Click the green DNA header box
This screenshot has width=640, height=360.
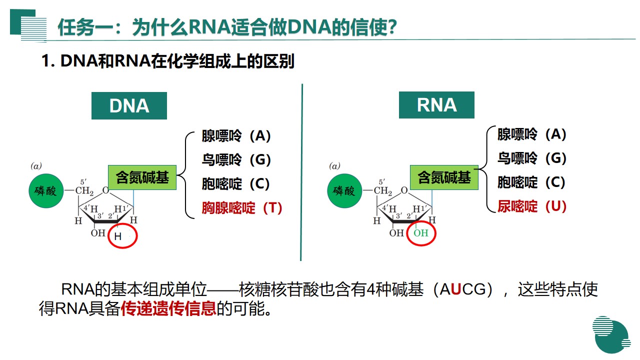tap(129, 105)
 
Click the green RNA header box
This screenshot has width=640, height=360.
tap(436, 104)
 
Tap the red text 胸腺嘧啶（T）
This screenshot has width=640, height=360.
tap(242, 208)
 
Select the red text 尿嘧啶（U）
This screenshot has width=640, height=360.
tap(531, 206)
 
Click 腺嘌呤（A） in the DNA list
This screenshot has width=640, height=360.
tap(236, 136)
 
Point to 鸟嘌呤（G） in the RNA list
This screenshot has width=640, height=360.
tap(531, 158)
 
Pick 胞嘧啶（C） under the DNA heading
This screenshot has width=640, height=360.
tap(236, 184)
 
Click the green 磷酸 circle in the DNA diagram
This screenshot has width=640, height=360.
tap(46, 191)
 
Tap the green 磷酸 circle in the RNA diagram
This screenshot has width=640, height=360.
tap(345, 191)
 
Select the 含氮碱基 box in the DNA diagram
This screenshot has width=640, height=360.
tap(142, 177)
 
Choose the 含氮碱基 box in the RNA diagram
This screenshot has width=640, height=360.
tap(444, 177)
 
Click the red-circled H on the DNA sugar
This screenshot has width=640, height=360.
tap(118, 236)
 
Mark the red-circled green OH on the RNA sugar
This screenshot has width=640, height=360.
tap(421, 233)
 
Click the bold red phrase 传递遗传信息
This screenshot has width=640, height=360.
tap(168, 308)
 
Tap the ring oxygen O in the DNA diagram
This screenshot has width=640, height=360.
tap(105, 190)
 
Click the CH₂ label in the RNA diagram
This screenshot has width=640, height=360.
tap(384, 190)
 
